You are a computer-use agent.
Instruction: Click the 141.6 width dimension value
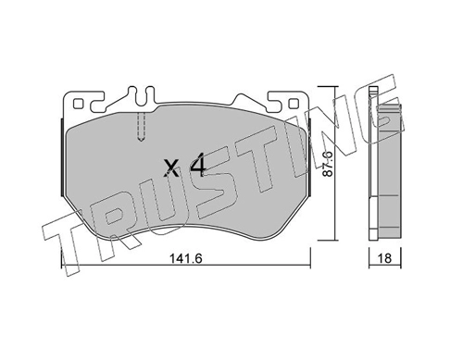point(186,258)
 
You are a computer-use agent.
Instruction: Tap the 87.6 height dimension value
point(327,164)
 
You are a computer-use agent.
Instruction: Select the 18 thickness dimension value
point(384,258)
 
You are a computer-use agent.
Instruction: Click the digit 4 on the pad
point(198,168)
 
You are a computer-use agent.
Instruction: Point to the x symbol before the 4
point(171,169)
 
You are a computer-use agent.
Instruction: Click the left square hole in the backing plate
point(78,104)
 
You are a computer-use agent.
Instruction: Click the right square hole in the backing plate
point(294,104)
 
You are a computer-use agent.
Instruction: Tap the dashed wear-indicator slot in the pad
point(141,127)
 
